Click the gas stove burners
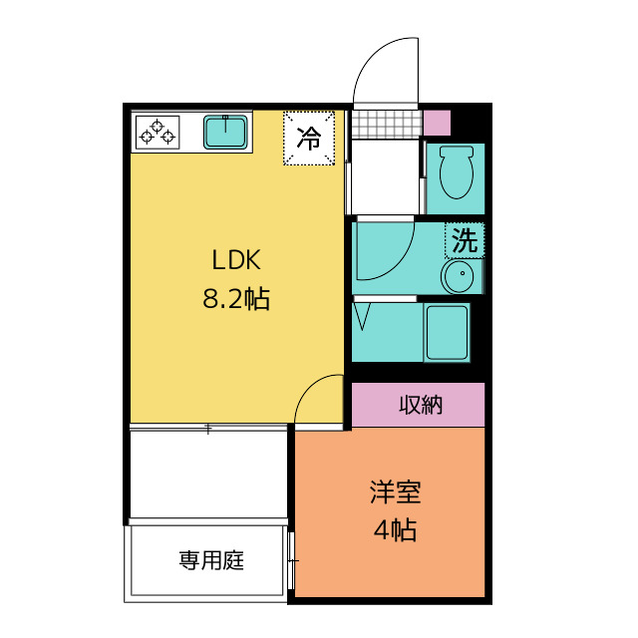tap(158, 133)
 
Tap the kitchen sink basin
tap(225, 132)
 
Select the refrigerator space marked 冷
tap(309, 138)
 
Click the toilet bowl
tap(457, 171)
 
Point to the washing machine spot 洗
tap(465, 240)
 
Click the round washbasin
tap(461, 275)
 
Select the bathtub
tap(447, 332)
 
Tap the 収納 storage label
tap(421, 405)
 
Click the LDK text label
tap(236, 260)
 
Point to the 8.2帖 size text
tap(236, 299)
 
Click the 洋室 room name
tap(395, 491)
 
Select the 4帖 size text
tap(395, 530)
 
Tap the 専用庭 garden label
tap(211, 560)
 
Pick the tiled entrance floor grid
tap(387, 124)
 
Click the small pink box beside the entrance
tap(437, 123)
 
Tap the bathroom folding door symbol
tap(362, 316)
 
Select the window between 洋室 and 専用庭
tap(290, 560)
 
